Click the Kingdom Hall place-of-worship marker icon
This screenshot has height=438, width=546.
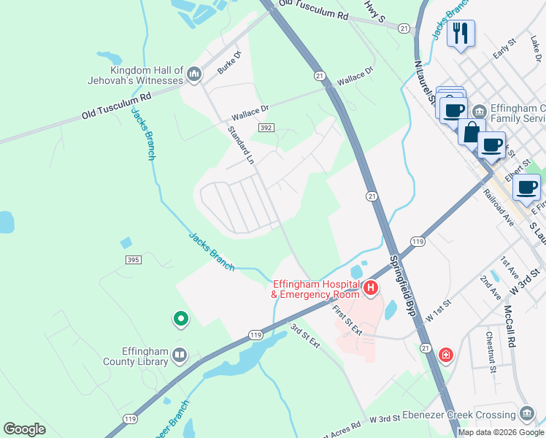click(x=194, y=74)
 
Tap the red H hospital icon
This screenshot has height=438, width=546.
click(x=371, y=288)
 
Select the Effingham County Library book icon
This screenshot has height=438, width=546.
click(x=180, y=356)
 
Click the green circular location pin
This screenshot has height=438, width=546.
click(x=180, y=319)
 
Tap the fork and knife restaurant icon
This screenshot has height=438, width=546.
click(x=461, y=34)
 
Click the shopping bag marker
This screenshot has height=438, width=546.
click(x=472, y=132)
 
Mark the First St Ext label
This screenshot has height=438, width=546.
click(x=347, y=320)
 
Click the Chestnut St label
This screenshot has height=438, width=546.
click(x=491, y=352)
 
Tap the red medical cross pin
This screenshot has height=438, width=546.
click(x=445, y=356)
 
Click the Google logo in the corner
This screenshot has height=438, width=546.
click(x=24, y=429)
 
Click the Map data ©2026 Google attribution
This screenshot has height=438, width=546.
click(x=501, y=432)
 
